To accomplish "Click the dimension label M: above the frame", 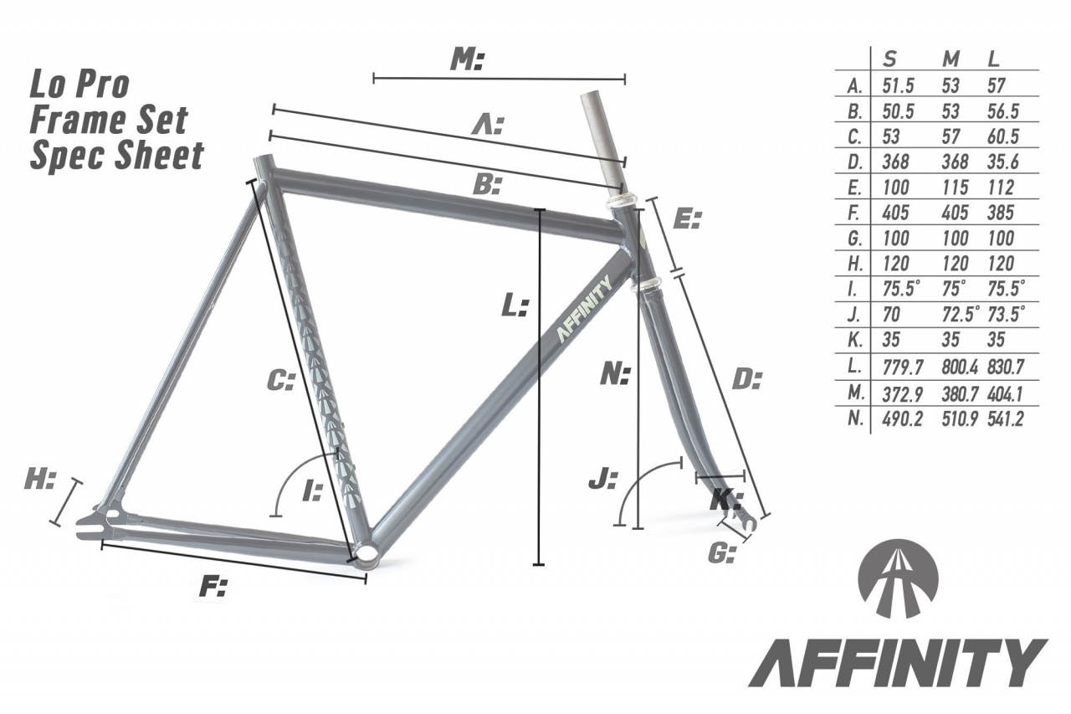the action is [x=467, y=61].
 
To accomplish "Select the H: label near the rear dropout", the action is [x=40, y=480].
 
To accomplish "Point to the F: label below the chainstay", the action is [x=213, y=587].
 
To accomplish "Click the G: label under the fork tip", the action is [x=721, y=553].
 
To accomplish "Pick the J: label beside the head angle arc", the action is [x=603, y=479].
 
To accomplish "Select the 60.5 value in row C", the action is [x=1002, y=136].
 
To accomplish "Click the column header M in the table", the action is [x=951, y=59].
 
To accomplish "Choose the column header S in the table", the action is [x=889, y=59].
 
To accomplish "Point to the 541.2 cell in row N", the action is [x=1005, y=419].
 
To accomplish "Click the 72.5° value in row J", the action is [x=960, y=314].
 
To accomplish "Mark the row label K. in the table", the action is [x=855, y=340].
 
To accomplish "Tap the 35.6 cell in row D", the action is [x=1002, y=162].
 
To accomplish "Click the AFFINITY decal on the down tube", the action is [x=585, y=310].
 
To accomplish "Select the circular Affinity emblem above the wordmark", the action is [x=898, y=578].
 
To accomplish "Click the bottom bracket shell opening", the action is [x=366, y=554].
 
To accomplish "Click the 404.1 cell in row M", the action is [x=1005, y=394].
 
